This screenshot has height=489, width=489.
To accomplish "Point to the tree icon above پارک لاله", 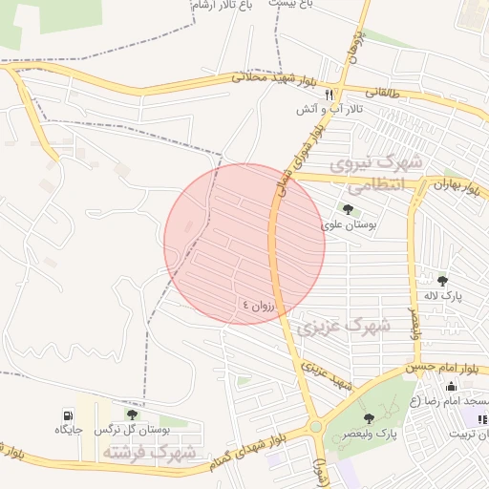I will pos(442,280).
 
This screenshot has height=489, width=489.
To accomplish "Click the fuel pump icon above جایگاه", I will pos(68,415).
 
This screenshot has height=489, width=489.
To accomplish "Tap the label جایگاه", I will pos(69,430).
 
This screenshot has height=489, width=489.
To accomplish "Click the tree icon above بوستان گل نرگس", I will pos(132,415).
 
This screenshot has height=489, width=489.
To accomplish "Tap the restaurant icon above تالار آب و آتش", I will pos(330,95).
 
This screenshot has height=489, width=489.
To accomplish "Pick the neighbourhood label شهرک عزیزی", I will pos(344,326).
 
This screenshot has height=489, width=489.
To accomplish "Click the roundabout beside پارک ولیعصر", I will pos(315,428).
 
